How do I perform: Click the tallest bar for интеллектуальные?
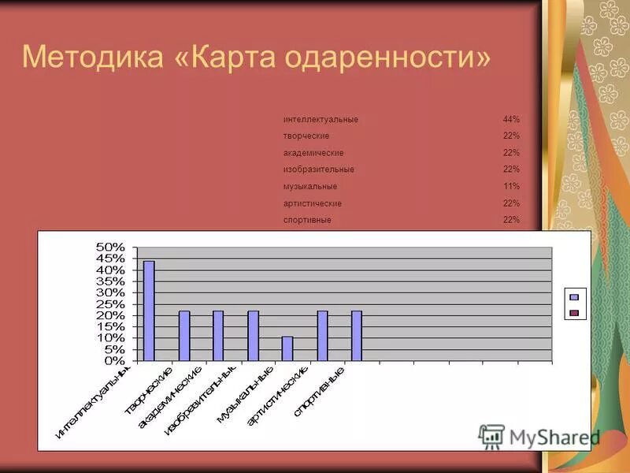click(x=149, y=311)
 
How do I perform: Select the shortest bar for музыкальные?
click(x=287, y=348)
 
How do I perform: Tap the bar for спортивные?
click(x=357, y=336)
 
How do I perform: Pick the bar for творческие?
click(x=183, y=336)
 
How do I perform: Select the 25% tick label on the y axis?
click(x=109, y=304)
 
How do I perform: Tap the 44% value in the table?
click(x=511, y=120)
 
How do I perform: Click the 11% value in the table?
click(x=511, y=187)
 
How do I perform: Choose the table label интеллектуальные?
click(x=321, y=120)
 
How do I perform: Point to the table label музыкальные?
click(x=310, y=187)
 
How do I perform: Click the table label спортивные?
click(x=307, y=220)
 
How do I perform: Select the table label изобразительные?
click(x=319, y=169)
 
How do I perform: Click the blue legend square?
click(x=574, y=297)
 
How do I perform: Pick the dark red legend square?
click(x=574, y=313)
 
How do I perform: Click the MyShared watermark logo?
click(x=539, y=436)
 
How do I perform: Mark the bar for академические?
click(x=218, y=336)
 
